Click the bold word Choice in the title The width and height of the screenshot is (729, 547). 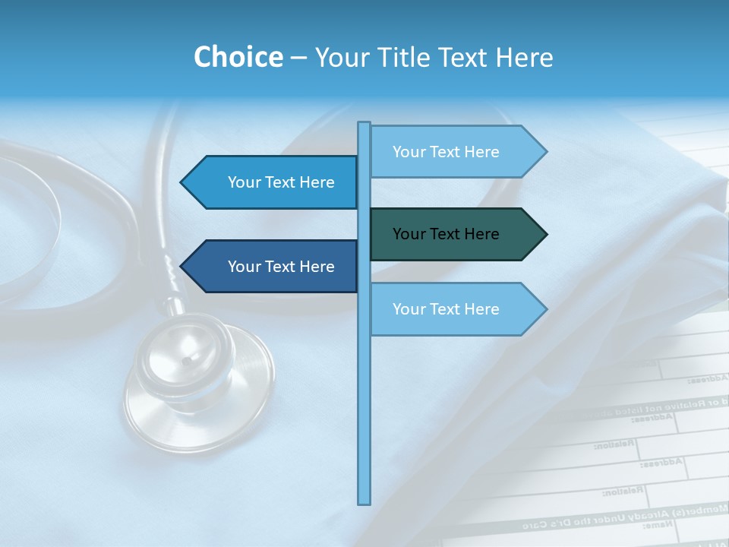[x=238, y=57]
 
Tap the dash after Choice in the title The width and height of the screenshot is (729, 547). [x=298, y=58]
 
